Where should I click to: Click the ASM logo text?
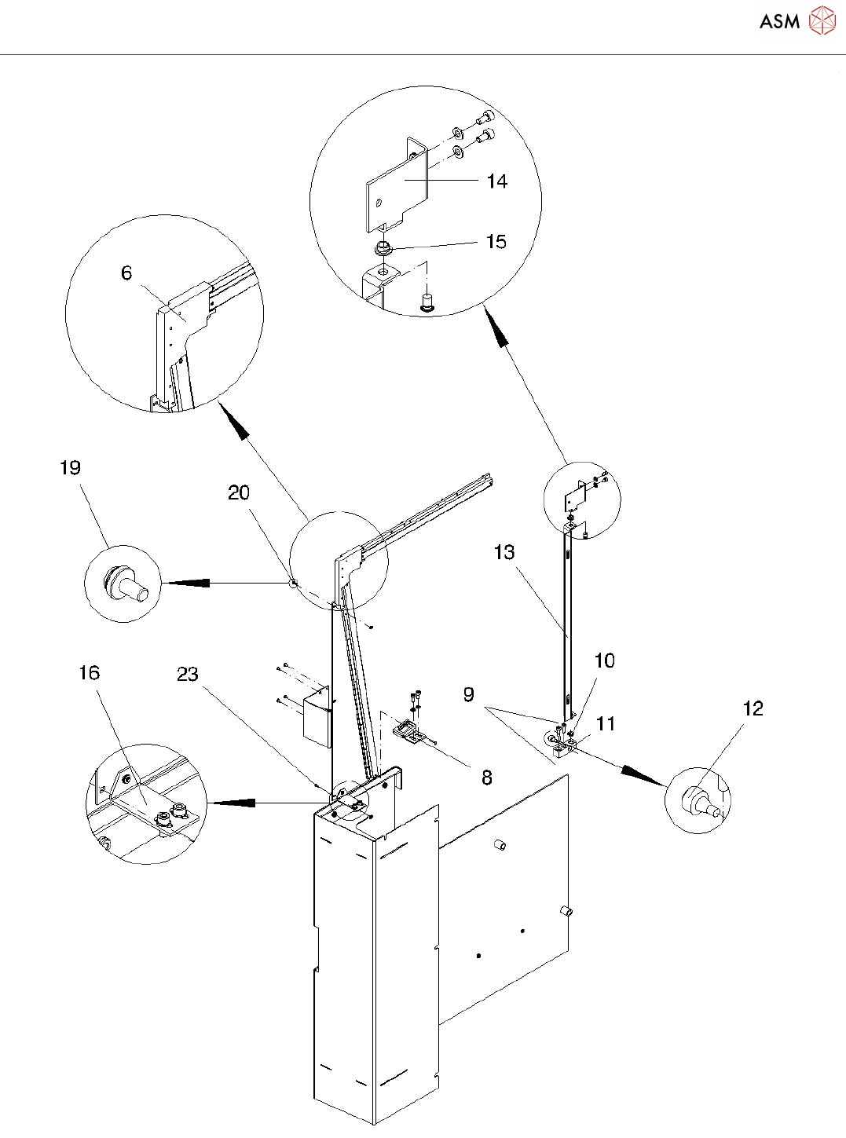[x=779, y=21]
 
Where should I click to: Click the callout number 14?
[x=497, y=181]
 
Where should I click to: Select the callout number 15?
[x=496, y=242]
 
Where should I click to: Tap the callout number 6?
[x=126, y=273]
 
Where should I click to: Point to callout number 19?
[x=71, y=467]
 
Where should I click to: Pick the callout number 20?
[x=239, y=492]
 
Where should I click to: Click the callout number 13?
[x=504, y=553]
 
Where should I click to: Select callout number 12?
[x=753, y=708]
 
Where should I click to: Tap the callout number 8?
[x=487, y=778]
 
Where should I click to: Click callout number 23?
[x=188, y=674]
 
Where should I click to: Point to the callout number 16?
[x=90, y=672]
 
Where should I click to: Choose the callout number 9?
[x=469, y=694]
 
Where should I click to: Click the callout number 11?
[x=605, y=724]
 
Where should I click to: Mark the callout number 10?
[x=605, y=660]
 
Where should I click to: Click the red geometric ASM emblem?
[x=822, y=20]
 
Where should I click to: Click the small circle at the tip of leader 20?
[x=293, y=583]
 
